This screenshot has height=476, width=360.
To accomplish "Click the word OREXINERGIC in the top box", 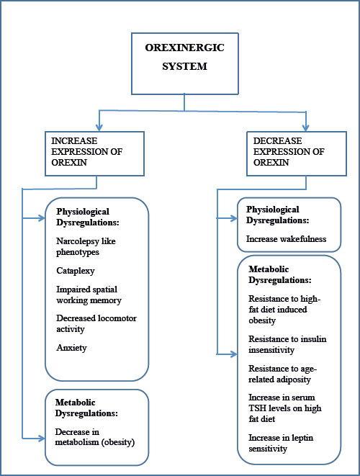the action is tap(184, 48).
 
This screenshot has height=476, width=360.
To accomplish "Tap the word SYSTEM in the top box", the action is tap(184, 66).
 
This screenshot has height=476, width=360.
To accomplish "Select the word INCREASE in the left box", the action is tap(74, 141).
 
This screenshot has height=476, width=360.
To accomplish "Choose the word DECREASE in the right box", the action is tap(277, 141).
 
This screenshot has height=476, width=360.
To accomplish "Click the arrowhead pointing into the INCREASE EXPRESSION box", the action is tap(99, 127).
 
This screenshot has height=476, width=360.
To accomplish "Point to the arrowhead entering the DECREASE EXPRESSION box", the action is tap(306, 127).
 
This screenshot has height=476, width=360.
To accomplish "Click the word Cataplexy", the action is tap(76, 271).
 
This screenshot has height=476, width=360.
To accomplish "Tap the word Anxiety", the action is tap(71, 348).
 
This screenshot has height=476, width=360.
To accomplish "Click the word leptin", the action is tap(302, 438).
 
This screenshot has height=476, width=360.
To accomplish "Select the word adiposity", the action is tap(296, 380).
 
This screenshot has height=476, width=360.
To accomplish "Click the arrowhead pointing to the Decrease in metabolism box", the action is tap(41, 439).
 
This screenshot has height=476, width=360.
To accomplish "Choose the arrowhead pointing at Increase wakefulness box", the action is tap(234, 218).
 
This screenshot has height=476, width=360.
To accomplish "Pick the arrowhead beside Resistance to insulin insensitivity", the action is tap(234, 354).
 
